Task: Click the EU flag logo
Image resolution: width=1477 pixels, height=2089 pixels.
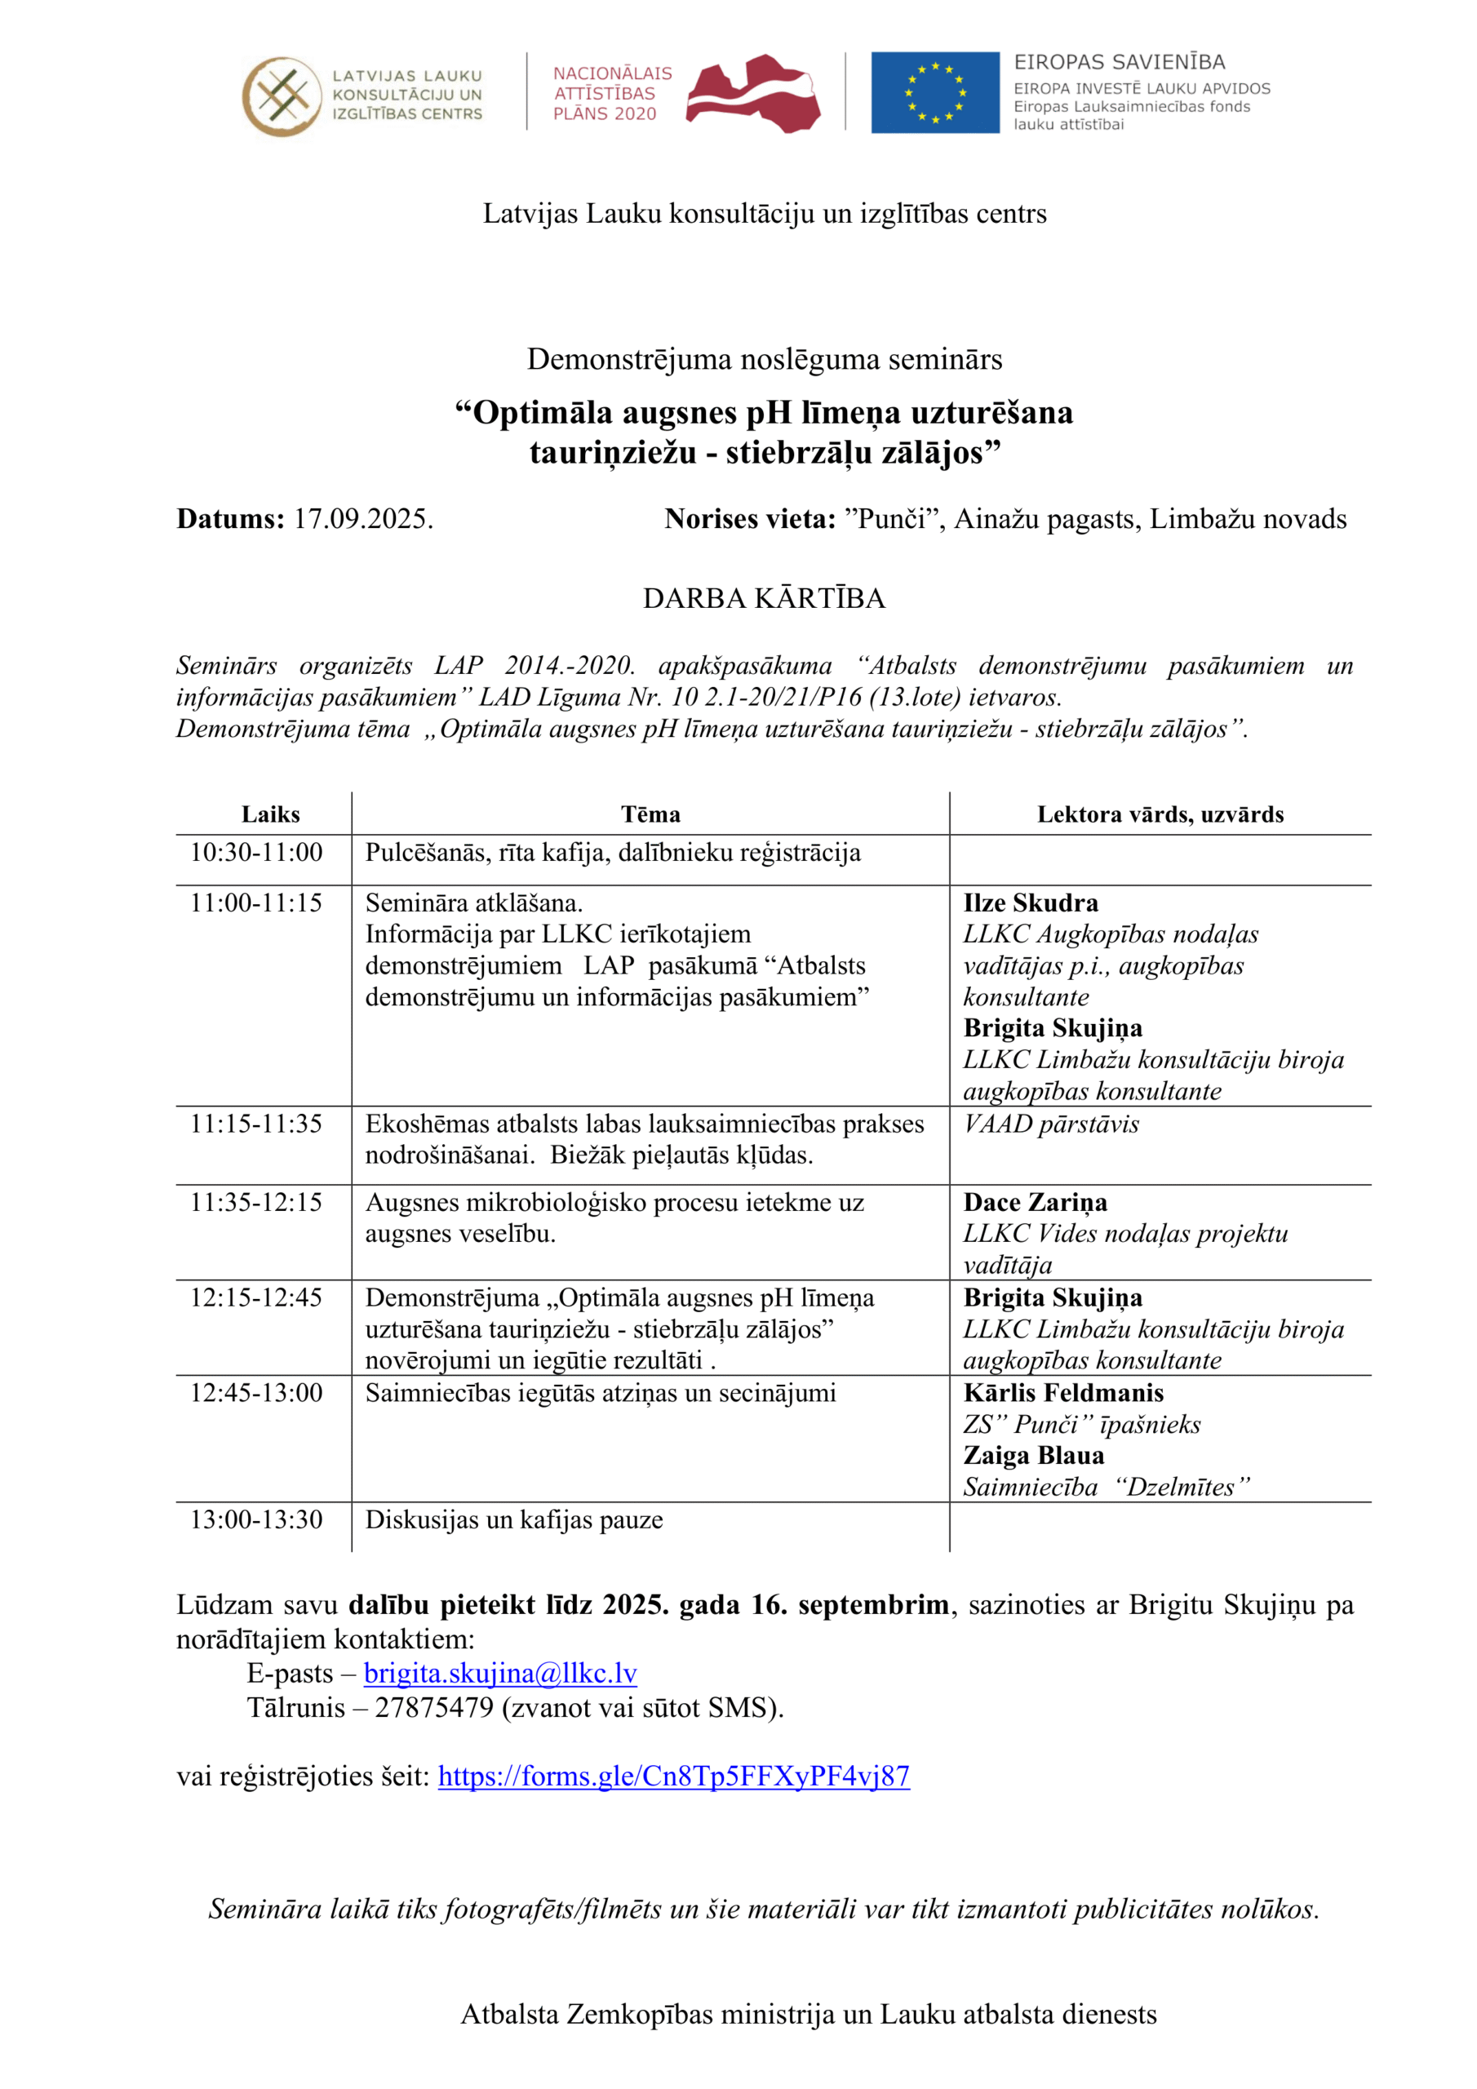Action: pyautogui.click(x=934, y=92)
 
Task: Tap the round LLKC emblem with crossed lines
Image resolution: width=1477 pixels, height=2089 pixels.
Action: pyautogui.click(x=282, y=95)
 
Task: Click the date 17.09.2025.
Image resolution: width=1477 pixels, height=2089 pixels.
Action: pyautogui.click(x=363, y=519)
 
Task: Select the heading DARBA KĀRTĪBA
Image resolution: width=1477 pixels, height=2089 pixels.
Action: pyautogui.click(x=764, y=598)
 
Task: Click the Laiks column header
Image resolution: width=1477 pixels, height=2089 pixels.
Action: pyautogui.click(x=270, y=814)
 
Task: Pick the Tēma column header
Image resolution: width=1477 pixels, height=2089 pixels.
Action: pyautogui.click(x=650, y=814)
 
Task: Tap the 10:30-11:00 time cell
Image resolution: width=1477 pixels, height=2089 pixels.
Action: pyautogui.click(x=256, y=853)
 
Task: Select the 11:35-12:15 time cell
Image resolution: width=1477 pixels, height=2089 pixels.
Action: pyautogui.click(x=256, y=1203)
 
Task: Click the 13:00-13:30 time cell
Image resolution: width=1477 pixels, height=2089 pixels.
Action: pyautogui.click(x=256, y=1519)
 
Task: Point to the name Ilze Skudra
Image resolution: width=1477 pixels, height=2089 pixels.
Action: pyautogui.click(x=1030, y=903)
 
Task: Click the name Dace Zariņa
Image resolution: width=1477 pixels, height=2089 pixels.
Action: pyautogui.click(x=1035, y=1203)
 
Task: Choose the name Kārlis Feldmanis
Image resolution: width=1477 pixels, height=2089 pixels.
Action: pyautogui.click(x=1063, y=1393)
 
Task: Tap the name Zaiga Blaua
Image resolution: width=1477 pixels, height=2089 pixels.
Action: pyautogui.click(x=1034, y=1456)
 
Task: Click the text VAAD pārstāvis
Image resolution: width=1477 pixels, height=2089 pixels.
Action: pyautogui.click(x=1051, y=1124)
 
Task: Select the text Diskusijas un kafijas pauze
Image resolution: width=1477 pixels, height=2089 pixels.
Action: pyautogui.click(x=514, y=1519)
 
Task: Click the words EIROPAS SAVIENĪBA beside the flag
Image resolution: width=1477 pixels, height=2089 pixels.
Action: pyautogui.click(x=1120, y=62)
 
